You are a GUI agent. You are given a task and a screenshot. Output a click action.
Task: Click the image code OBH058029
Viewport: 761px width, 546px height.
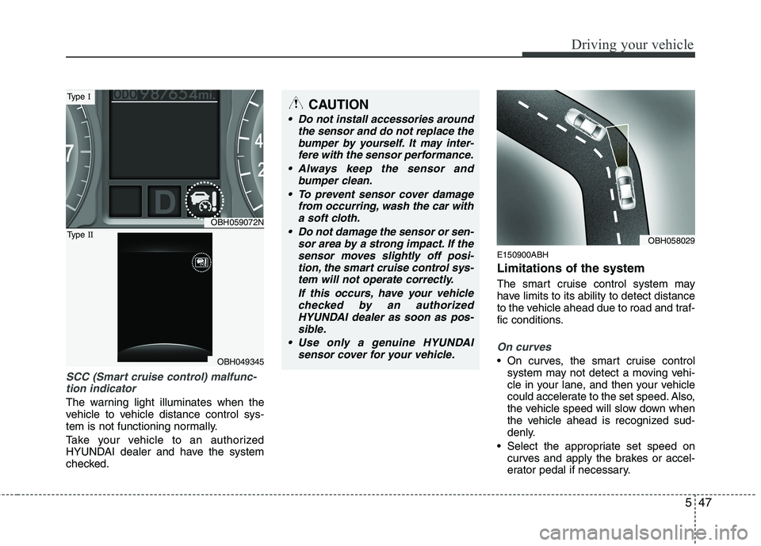coord(668,238)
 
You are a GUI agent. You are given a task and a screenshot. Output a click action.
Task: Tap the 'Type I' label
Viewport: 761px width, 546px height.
coord(81,97)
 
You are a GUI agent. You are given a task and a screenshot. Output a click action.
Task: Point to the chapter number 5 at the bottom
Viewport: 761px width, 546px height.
coord(684,502)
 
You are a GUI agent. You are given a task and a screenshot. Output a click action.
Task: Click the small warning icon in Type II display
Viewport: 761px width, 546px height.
coord(201,262)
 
